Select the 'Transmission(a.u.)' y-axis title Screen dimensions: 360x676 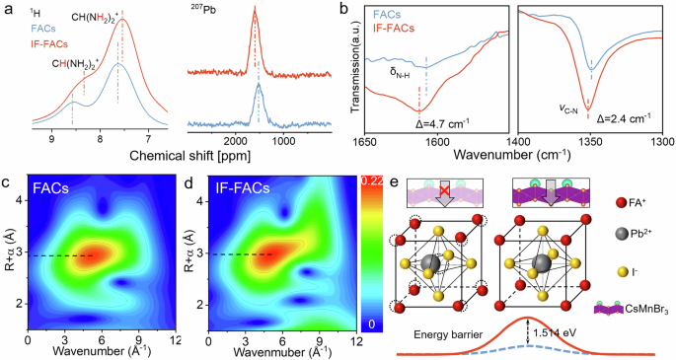(x=351, y=69)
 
